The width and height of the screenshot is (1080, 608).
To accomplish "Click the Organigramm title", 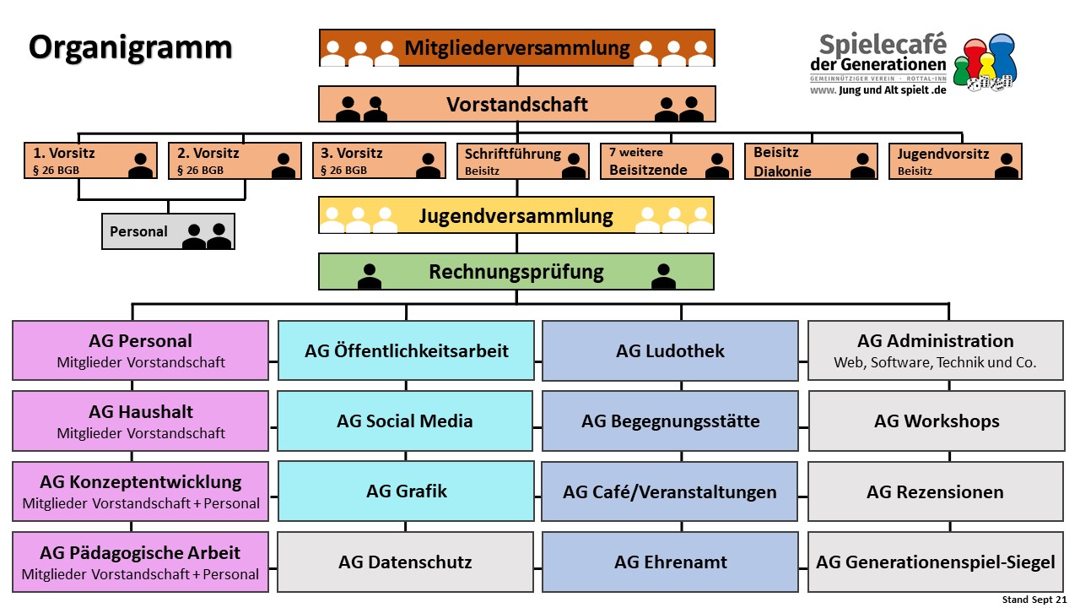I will (x=130, y=47).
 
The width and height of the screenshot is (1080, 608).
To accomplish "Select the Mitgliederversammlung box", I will (x=516, y=48).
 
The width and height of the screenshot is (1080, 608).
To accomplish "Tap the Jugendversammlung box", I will (x=516, y=215).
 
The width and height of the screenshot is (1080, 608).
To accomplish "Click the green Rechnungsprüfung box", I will (x=516, y=272).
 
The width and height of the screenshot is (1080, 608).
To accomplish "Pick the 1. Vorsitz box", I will (x=90, y=161).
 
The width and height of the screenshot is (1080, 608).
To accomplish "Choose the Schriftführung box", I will (x=522, y=161).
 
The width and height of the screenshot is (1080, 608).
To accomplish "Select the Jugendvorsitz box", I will (x=954, y=161).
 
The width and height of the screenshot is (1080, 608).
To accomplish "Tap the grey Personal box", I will (x=168, y=231).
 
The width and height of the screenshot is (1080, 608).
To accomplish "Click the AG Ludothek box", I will (x=670, y=350).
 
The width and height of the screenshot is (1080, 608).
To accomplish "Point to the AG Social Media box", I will (x=405, y=421).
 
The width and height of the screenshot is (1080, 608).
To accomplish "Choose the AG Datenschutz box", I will (x=405, y=562).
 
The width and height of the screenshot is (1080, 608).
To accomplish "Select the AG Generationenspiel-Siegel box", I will (x=936, y=562).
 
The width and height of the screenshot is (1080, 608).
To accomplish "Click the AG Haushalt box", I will (x=142, y=421).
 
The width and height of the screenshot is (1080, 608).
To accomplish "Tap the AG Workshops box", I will (x=936, y=421).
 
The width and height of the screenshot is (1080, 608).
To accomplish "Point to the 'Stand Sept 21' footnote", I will (x=1034, y=600).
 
